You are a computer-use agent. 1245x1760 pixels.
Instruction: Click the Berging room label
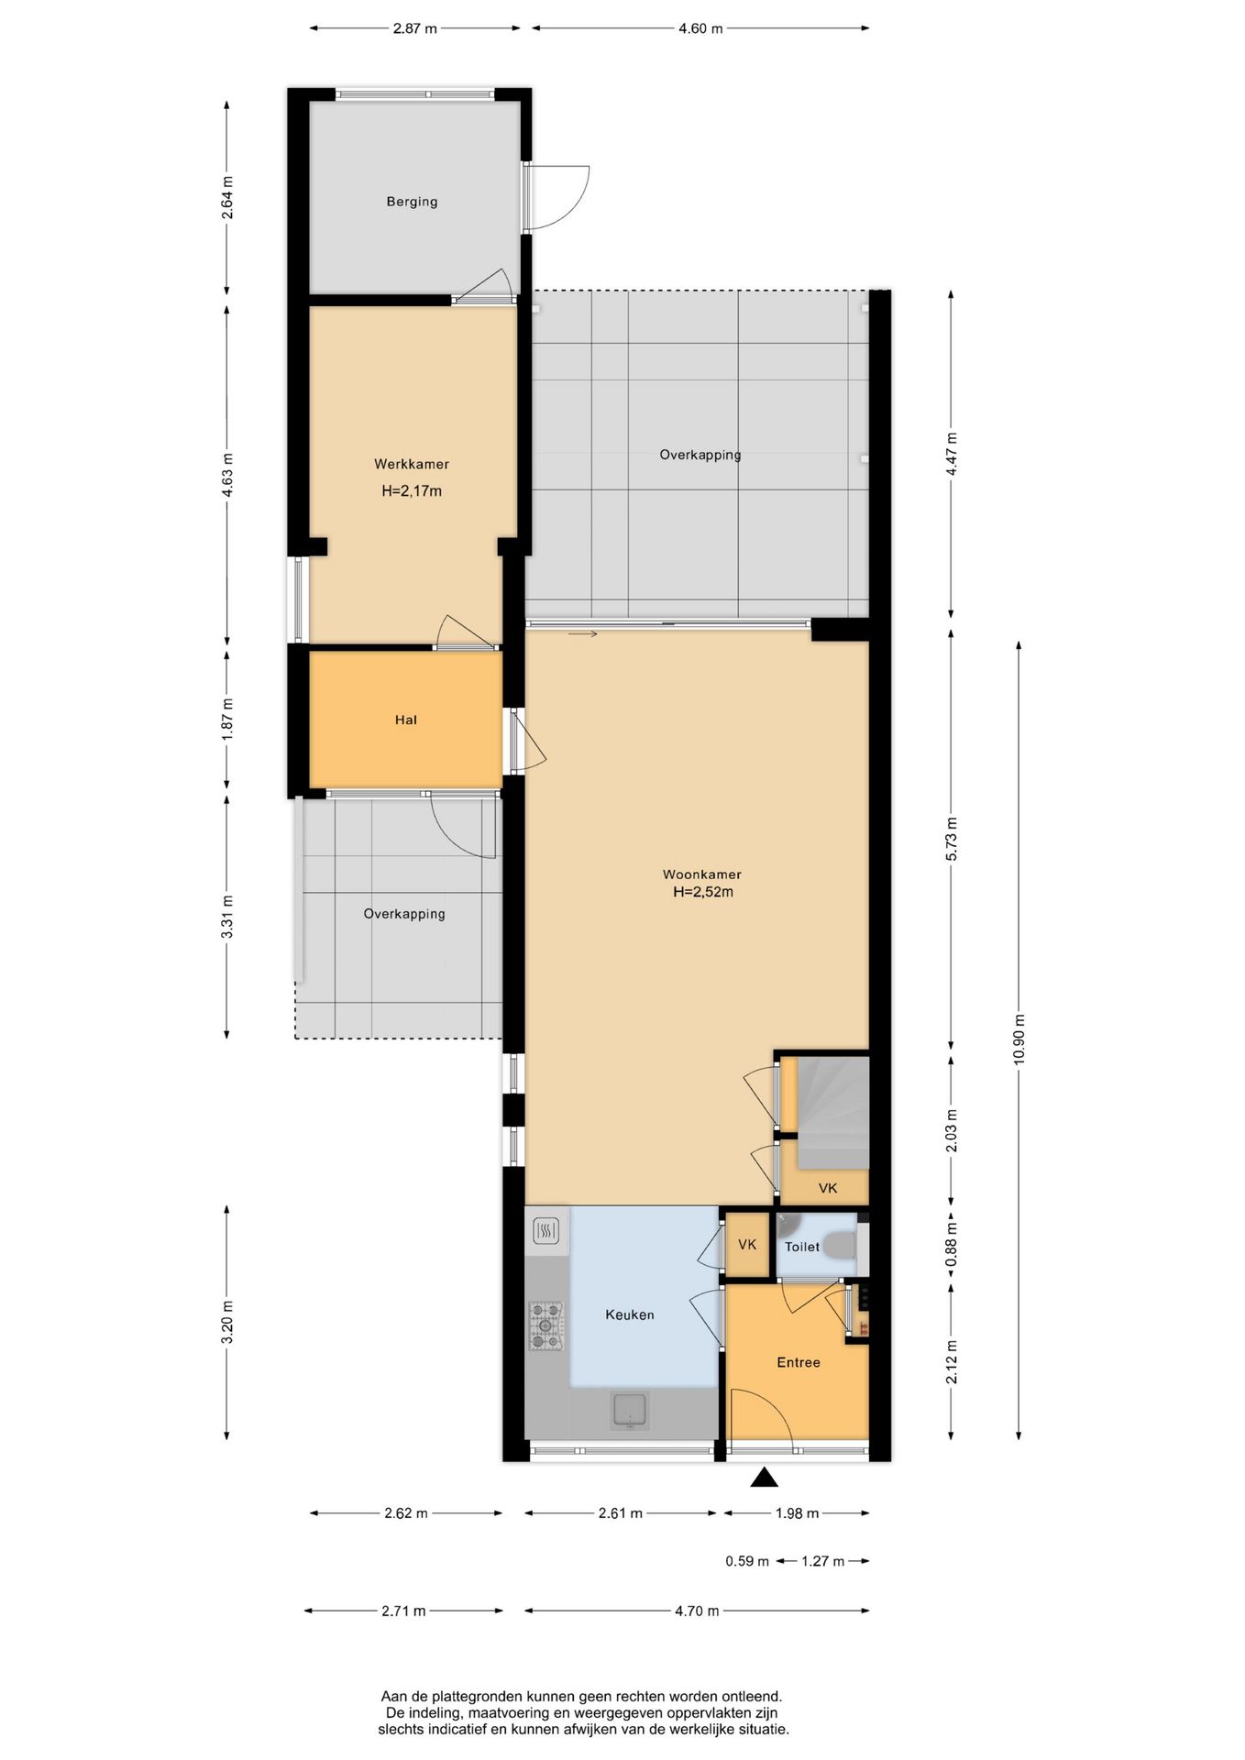click(x=412, y=202)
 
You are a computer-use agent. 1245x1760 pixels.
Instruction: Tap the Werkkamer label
click(x=412, y=465)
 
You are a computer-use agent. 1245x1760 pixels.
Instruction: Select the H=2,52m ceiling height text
click(x=703, y=892)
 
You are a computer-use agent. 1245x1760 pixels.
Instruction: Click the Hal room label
click(x=406, y=720)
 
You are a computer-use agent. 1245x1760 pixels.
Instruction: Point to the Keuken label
click(x=630, y=1314)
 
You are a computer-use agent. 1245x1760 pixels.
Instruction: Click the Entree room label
click(x=799, y=1362)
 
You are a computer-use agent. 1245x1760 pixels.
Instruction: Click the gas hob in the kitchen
click(x=546, y=1326)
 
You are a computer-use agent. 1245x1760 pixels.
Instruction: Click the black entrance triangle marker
click(x=765, y=1477)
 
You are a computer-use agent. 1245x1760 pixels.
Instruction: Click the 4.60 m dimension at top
click(x=700, y=28)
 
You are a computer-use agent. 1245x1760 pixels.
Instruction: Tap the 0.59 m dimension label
click(x=747, y=1561)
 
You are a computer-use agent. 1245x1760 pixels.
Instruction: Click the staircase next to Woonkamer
click(x=832, y=1113)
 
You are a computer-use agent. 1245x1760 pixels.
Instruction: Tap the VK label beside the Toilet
click(x=747, y=1245)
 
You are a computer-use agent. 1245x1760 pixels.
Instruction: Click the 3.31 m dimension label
click(x=226, y=916)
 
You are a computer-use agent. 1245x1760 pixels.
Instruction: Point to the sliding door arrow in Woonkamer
click(x=583, y=634)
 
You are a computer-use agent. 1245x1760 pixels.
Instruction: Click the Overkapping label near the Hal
click(x=404, y=914)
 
